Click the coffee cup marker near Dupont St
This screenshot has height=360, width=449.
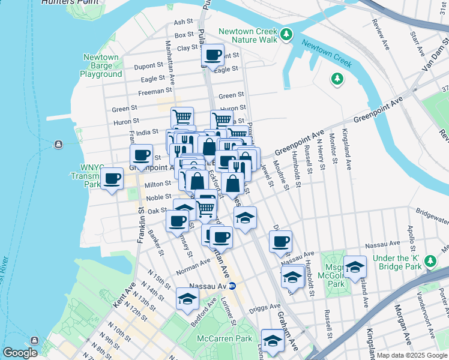pyautogui.click(x=212, y=56)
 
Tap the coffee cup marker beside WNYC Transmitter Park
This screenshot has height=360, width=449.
pyautogui.click(x=112, y=179)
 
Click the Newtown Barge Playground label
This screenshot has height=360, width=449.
pyautogui.click(x=101, y=65)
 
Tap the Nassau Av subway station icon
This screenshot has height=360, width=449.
pyautogui.click(x=240, y=286)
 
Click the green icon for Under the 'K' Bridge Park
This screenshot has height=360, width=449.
pyautogui.click(x=430, y=261)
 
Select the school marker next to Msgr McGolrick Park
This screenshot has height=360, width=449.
pyautogui.click(x=355, y=266)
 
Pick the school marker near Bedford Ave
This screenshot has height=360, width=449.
pyautogui.click(x=187, y=298)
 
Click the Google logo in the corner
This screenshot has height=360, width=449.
pyautogui.click(x=20, y=353)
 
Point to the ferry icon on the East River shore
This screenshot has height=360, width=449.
pyautogui.click(x=58, y=144)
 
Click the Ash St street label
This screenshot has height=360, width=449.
pyautogui.click(x=181, y=22)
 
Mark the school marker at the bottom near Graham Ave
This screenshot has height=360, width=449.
pyautogui.click(x=272, y=341)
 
